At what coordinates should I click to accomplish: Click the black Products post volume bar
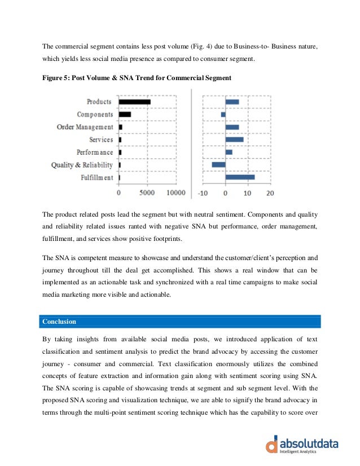(x=134, y=102)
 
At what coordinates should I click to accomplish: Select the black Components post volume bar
(x=125, y=115)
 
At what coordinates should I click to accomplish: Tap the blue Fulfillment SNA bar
(x=240, y=177)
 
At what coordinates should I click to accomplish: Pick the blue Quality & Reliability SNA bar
(x=218, y=165)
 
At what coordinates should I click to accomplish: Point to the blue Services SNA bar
(x=234, y=139)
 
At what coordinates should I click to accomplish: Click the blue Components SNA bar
(x=223, y=115)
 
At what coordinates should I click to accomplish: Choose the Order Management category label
(x=85, y=127)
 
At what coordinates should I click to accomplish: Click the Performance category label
(x=95, y=152)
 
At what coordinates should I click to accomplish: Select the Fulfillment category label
(x=97, y=178)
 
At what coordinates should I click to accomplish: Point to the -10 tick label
(x=204, y=194)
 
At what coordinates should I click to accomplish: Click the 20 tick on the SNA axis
(x=269, y=194)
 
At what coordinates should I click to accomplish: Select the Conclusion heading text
(x=59, y=322)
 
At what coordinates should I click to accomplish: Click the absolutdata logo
(x=302, y=444)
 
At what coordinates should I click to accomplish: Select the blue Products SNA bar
(x=232, y=102)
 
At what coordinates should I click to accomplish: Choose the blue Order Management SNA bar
(x=232, y=127)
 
